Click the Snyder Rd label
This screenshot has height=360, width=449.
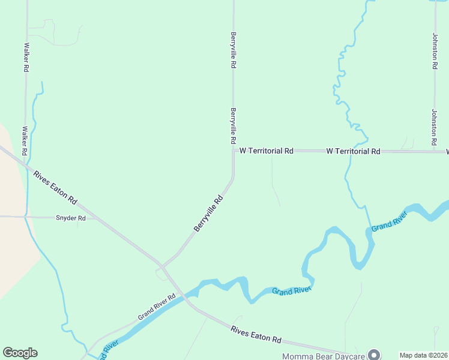tap(71, 218)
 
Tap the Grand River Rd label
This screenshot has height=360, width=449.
tap(155, 307)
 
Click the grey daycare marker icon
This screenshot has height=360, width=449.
tap(375, 355)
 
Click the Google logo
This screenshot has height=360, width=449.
tap(20, 353)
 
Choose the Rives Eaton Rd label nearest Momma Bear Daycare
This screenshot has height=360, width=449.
tap(256, 334)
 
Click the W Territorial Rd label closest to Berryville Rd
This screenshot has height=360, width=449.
tap(266, 151)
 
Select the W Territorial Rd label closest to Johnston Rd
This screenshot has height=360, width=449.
tap(353, 151)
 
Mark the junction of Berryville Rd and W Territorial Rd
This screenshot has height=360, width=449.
tap(234, 151)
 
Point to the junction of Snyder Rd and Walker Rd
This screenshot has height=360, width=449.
tap(26, 216)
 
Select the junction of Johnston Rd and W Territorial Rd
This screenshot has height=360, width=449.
tap(434, 151)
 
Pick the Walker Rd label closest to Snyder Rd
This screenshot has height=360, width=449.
tap(25, 139)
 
